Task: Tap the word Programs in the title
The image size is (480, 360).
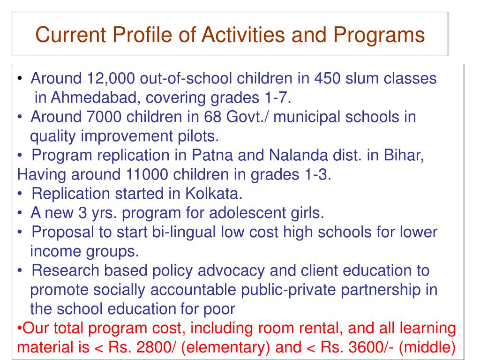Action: pyautogui.click(x=380, y=35)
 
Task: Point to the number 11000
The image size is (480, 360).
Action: pyautogui.click(x=147, y=174)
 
